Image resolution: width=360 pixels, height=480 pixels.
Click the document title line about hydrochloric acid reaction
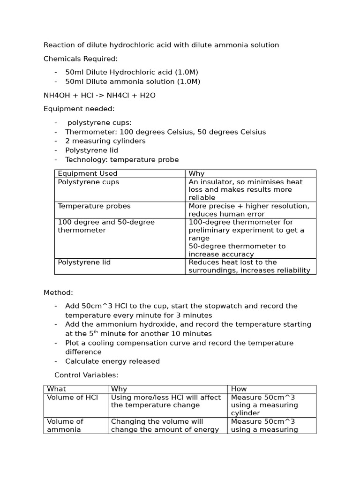pyautogui.click(x=161, y=45)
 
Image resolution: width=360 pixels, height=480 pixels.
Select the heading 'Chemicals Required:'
pyautogui.click(x=81, y=59)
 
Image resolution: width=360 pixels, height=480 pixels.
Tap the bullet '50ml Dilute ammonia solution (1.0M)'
pyautogui.click(x=133, y=82)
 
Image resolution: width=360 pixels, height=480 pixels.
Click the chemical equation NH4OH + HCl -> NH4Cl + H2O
pyautogui.click(x=99, y=95)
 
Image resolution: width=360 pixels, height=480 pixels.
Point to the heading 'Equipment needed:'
pyautogui.click(x=79, y=109)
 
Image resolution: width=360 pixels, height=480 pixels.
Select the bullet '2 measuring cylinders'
pyautogui.click(x=105, y=141)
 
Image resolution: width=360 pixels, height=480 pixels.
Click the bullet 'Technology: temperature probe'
pyautogui.click(x=122, y=160)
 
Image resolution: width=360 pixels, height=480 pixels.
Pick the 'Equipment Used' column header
pyautogui.click(x=88, y=174)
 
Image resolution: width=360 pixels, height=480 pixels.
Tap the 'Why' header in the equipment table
pyautogui.click(x=196, y=174)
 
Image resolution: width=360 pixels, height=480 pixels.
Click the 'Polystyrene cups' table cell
pyautogui.click(x=89, y=182)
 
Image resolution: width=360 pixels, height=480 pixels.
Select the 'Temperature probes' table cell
pyautogui.click(x=94, y=206)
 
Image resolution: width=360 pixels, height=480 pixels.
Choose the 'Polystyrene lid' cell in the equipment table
pyautogui.click(x=84, y=262)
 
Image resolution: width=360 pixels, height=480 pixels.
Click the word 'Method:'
pyautogui.click(x=58, y=292)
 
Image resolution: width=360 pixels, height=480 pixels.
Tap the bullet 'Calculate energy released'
pyautogui.click(x=112, y=361)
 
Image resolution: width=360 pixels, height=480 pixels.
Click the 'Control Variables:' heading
pyautogui.click(x=86, y=375)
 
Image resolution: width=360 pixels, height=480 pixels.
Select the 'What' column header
pyautogui.click(x=57, y=389)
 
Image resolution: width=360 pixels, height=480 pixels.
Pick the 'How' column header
pyautogui.click(x=239, y=389)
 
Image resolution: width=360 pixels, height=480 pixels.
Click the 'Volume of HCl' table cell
pyautogui.click(x=72, y=397)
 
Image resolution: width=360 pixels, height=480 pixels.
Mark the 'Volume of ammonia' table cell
pyautogui.click(x=65, y=426)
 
